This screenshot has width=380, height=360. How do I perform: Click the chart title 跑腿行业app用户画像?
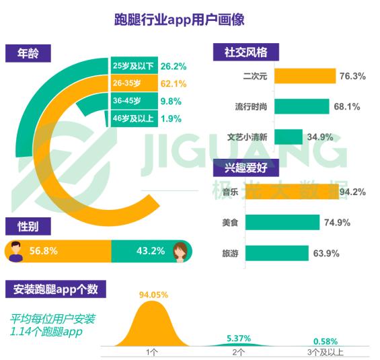coord(180,20)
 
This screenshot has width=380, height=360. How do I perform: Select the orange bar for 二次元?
coord(305,76)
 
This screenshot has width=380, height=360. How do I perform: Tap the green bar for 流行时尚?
coord(302,106)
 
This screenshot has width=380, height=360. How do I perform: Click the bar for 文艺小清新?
coord(289,137)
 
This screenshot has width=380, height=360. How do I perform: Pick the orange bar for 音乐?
coord(292,192)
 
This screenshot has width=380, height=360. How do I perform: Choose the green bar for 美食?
coord(282,222)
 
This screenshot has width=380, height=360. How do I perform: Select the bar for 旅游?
coord(277,253)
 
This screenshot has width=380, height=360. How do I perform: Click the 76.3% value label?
coord(352,76)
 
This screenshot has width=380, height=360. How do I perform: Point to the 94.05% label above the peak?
coord(153,295)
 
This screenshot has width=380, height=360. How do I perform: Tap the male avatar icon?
coord(15,251)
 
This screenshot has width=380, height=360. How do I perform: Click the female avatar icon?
coord(180,252)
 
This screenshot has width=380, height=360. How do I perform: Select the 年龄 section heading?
coord(28,53)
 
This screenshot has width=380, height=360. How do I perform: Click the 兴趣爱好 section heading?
coord(246,168)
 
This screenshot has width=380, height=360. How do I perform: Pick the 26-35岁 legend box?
coord(135,83)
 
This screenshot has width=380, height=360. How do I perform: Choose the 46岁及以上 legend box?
coord(135,118)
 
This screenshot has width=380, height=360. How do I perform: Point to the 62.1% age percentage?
coord(174,84)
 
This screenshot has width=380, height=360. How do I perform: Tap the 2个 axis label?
coord(239,352)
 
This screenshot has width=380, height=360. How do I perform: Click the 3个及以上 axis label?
coord(326,352)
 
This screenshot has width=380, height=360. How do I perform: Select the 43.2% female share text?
coord(151,251)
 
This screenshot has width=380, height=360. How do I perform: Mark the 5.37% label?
coord(239,338)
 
